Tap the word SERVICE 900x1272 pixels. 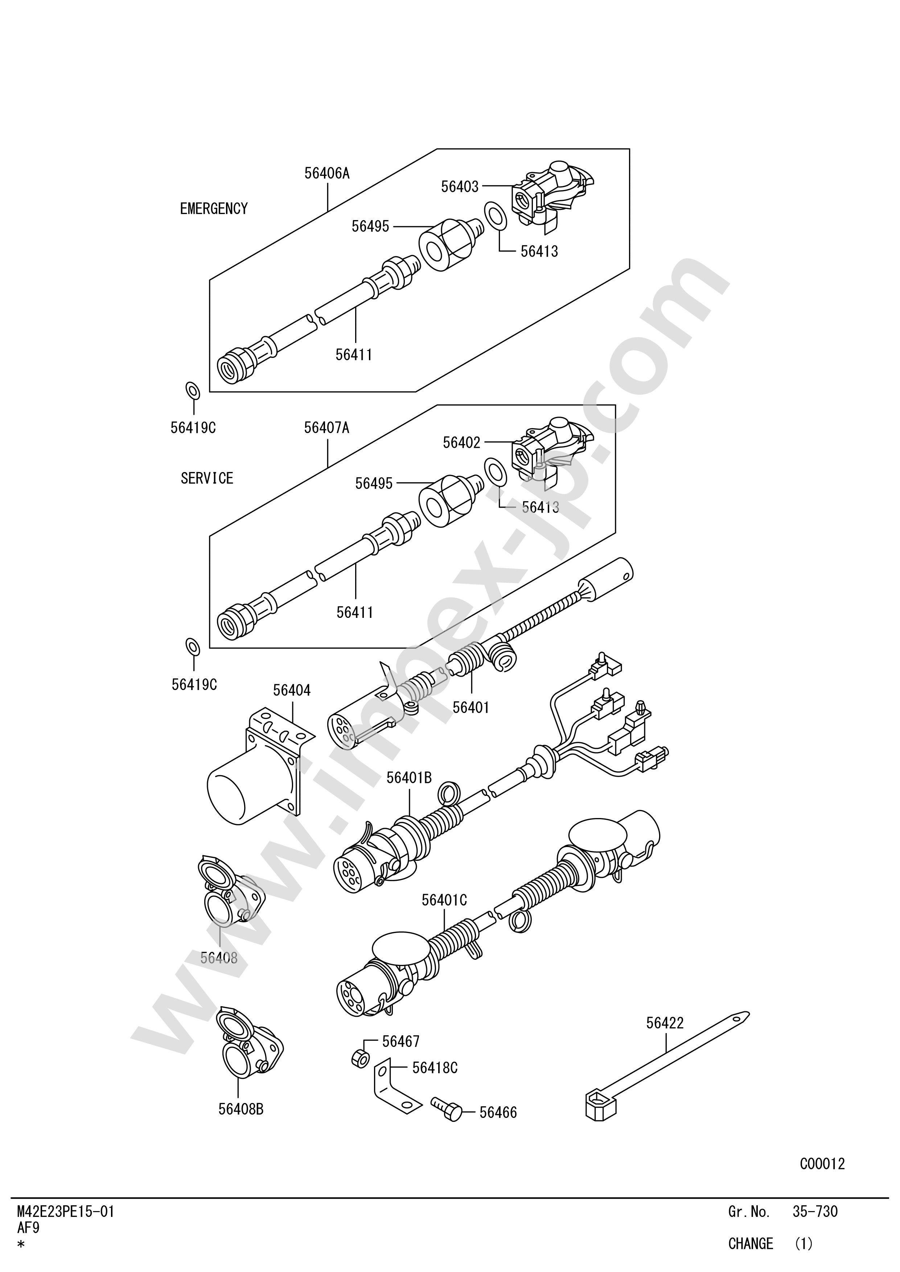tap(207, 478)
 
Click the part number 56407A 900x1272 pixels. tap(326, 428)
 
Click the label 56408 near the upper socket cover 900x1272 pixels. tap(219, 958)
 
